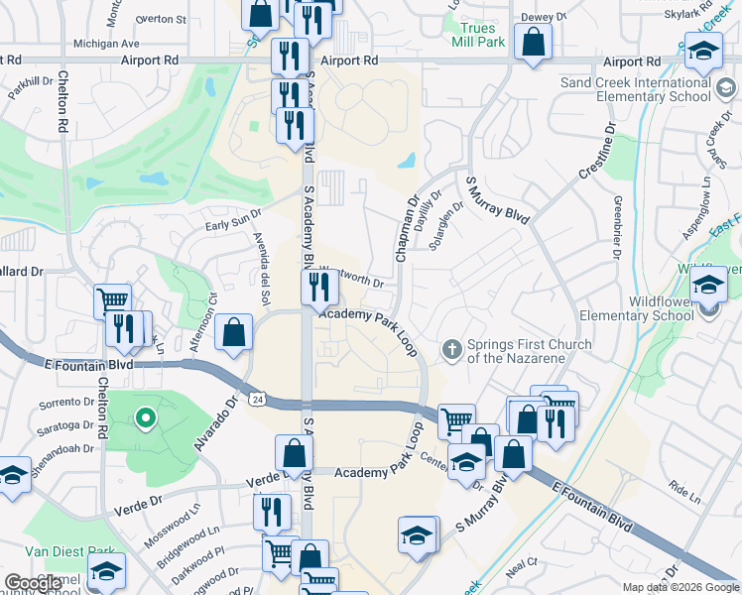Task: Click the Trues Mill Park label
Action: click(x=477, y=36)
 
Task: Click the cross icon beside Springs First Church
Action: click(x=451, y=349)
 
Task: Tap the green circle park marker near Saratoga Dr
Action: click(x=146, y=418)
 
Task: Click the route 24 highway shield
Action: click(x=256, y=398)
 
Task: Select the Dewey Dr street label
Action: click(x=543, y=17)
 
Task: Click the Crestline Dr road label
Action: click(x=595, y=157)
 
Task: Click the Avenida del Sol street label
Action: click(x=263, y=268)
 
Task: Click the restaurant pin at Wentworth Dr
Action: click(x=319, y=288)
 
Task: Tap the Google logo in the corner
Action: click(x=33, y=583)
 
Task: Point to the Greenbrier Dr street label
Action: click(x=617, y=226)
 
